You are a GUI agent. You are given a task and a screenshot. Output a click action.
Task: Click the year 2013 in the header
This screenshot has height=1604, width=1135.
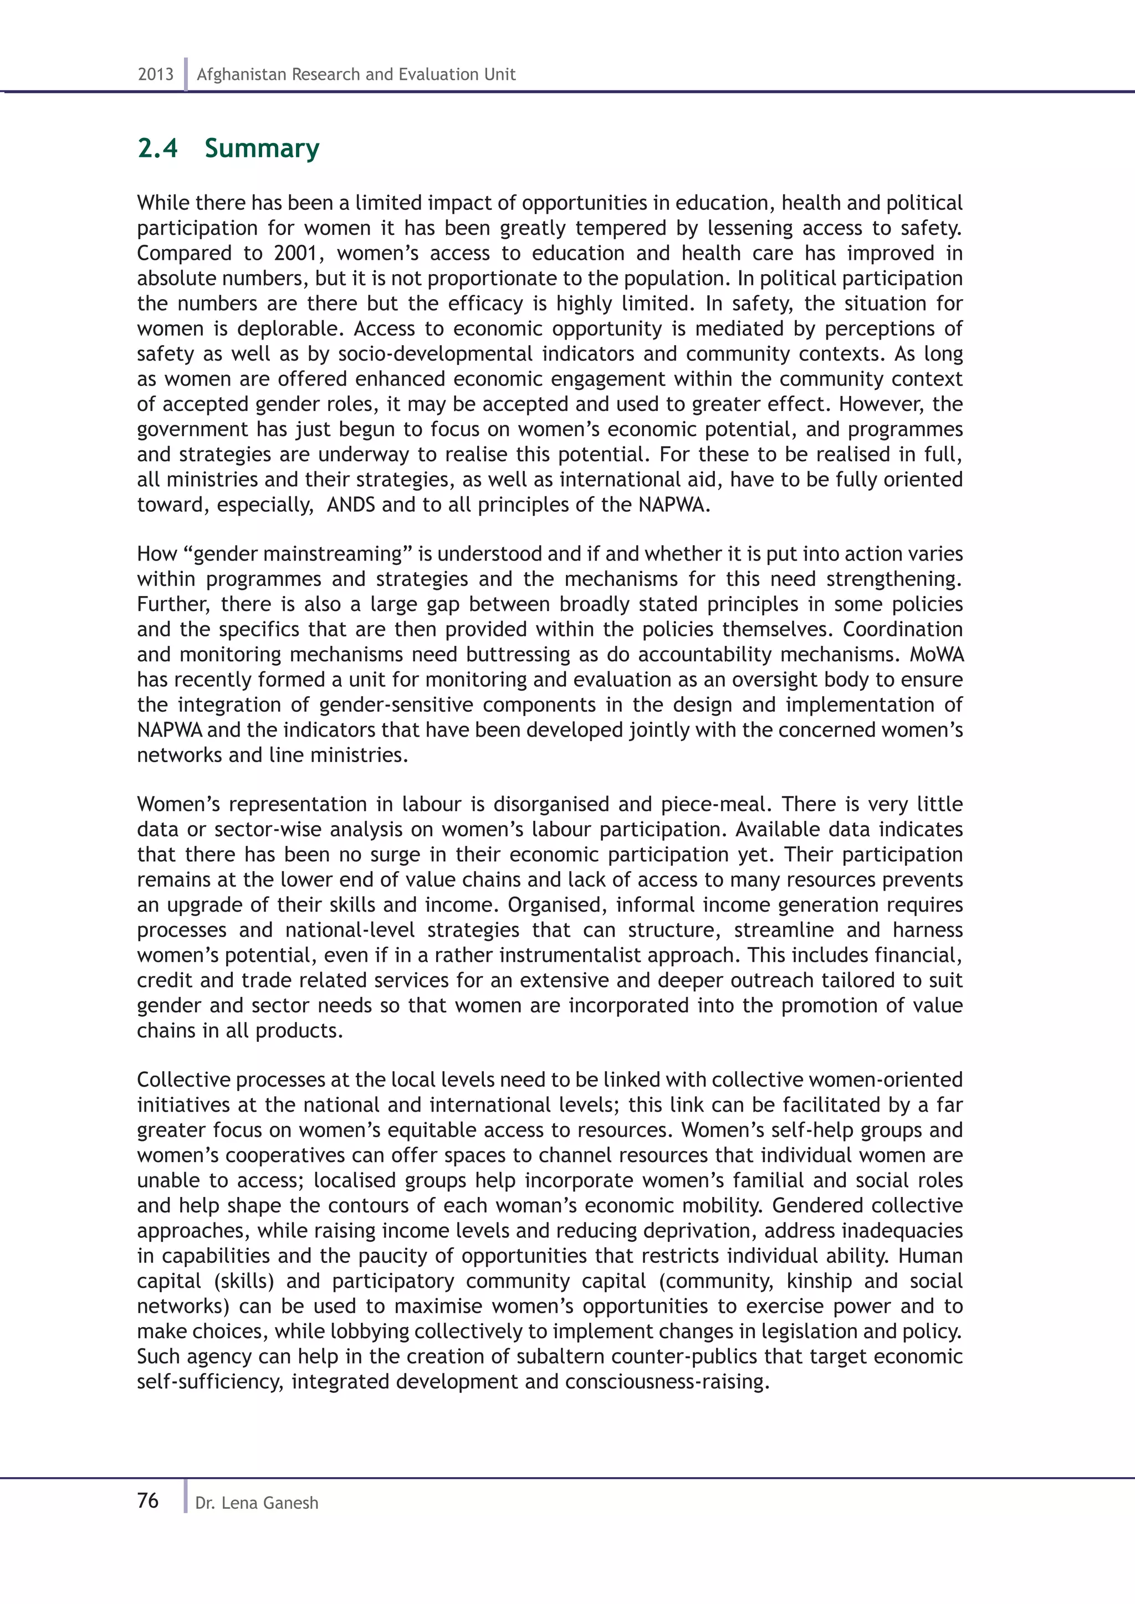155,75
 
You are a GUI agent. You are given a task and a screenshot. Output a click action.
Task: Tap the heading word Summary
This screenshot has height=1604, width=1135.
262,149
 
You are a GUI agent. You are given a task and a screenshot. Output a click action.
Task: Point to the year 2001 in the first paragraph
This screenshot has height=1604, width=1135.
295,253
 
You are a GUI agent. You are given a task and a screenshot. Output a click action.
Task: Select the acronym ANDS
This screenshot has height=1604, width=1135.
351,505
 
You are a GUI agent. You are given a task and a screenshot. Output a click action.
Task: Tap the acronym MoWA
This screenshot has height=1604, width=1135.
936,655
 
